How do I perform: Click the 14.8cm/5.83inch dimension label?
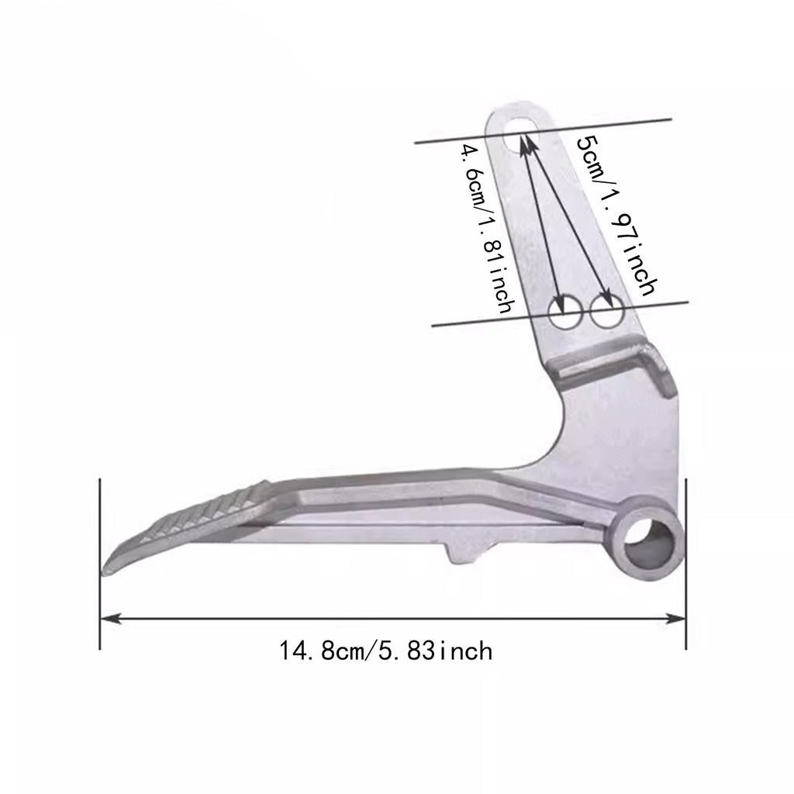click(385, 651)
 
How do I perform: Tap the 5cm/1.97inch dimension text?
click(616, 216)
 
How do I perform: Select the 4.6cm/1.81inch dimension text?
click(487, 229)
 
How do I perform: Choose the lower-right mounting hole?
click(606, 311)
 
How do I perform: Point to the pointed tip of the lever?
click(104, 573)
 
